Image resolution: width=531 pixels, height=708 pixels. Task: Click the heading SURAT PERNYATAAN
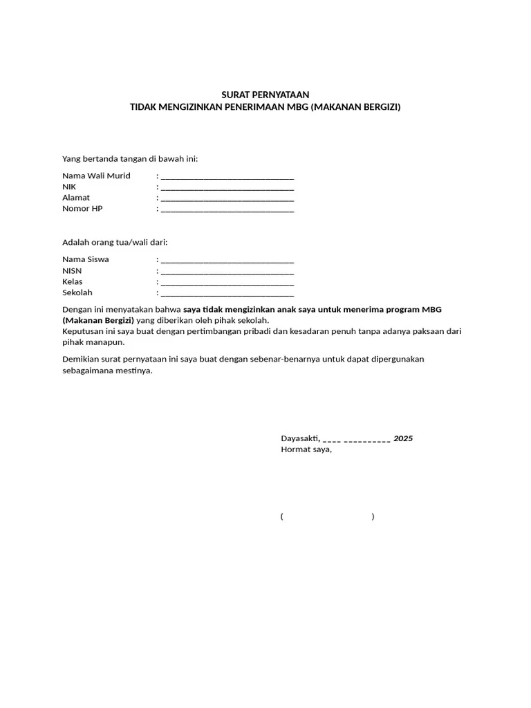265,95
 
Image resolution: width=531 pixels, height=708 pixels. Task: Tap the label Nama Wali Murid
96,176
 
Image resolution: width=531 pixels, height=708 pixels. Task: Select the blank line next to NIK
227,187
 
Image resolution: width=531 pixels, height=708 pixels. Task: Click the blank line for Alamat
227,198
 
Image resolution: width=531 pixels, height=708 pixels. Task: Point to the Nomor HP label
82,209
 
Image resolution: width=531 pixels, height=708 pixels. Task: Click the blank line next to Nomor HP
227,209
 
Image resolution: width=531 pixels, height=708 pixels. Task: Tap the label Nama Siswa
86,259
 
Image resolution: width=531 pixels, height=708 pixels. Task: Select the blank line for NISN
227,272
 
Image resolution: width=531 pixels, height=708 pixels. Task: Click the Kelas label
73,282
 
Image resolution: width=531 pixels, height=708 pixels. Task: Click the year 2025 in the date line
403,438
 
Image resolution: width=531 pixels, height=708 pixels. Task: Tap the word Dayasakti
299,438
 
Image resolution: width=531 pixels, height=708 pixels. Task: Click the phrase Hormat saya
306,449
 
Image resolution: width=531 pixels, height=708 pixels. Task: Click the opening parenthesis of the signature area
282,516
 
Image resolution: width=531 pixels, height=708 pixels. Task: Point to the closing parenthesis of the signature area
373,516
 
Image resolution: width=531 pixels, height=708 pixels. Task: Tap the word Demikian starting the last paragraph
81,360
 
